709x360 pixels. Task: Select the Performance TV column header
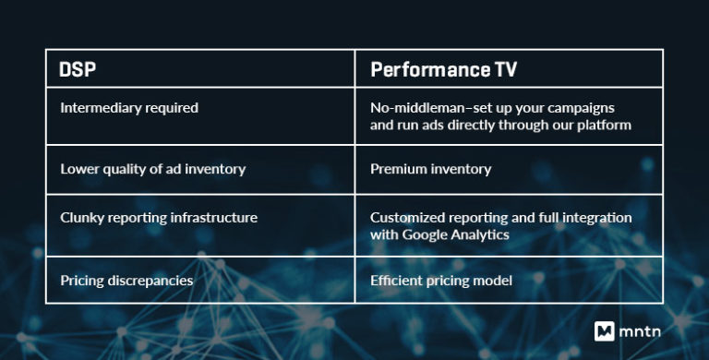(x=445, y=69)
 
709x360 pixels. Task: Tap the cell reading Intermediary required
(x=129, y=108)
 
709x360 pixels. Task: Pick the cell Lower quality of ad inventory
(x=152, y=169)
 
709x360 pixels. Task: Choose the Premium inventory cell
(x=429, y=169)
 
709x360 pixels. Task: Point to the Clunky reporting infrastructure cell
(x=159, y=218)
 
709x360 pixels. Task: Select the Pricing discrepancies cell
(x=126, y=280)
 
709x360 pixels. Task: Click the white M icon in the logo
(x=606, y=330)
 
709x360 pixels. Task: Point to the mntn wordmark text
(x=648, y=330)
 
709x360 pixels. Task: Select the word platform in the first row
(x=604, y=125)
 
